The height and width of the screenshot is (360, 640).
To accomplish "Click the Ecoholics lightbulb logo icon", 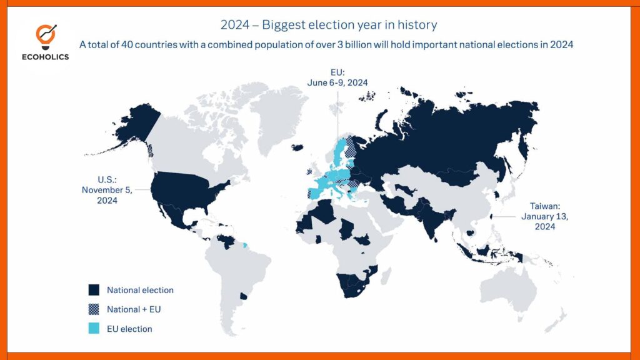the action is [46, 37].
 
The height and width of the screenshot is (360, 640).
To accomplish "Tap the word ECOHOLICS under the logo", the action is [45, 57].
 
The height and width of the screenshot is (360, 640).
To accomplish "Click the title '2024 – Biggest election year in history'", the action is [329, 25].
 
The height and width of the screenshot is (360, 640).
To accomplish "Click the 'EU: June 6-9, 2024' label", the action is [337, 77].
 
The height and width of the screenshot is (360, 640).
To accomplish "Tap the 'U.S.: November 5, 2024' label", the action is [107, 190].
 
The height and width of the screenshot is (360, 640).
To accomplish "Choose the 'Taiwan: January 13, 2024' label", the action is [544, 216].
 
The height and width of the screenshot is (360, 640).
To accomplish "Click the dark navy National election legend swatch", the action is [94, 290].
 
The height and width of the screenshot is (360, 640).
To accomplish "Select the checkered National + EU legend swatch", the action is [94, 309].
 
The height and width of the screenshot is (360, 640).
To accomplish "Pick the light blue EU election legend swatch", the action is [94, 329].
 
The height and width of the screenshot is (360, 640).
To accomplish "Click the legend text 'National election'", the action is [140, 290].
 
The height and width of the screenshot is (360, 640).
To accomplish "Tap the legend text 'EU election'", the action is [129, 329].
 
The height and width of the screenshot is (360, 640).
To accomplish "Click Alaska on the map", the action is [137, 124].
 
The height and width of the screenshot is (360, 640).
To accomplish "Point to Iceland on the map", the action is [297, 147].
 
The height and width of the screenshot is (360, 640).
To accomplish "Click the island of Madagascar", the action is [386, 276].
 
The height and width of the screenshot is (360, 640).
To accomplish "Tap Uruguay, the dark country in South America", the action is [243, 296].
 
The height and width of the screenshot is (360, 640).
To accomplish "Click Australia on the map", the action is [508, 286].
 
